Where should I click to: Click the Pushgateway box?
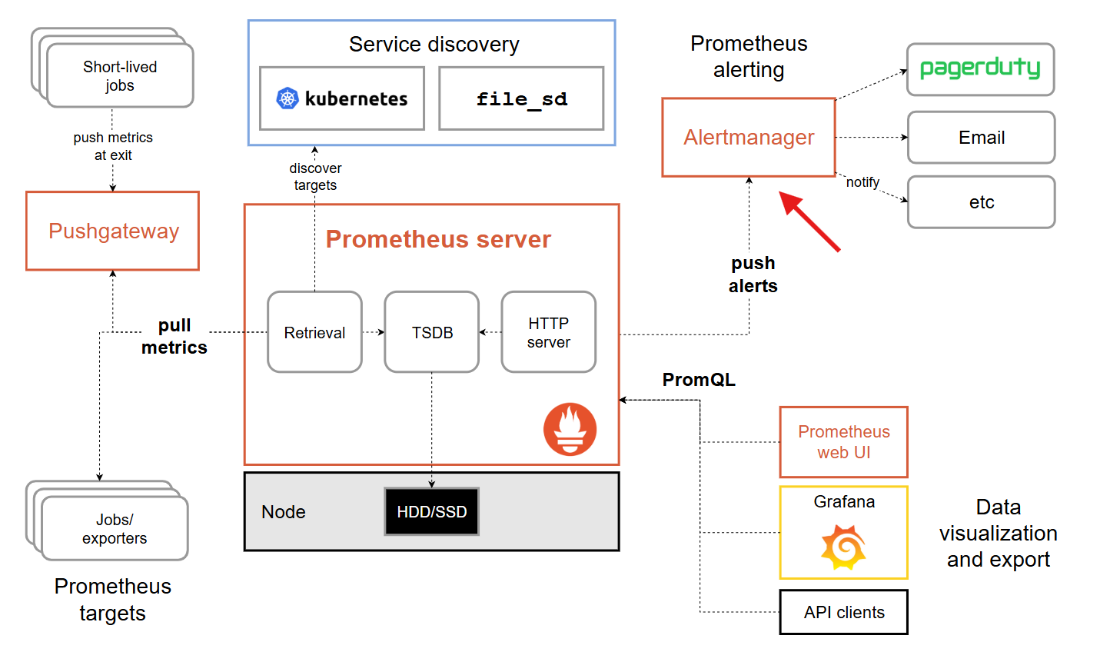[112, 231]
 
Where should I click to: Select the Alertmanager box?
[749, 138]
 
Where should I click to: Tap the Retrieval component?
[314, 332]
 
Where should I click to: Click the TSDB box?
[431, 332]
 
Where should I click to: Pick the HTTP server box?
[549, 332]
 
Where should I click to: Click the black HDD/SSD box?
[431, 511]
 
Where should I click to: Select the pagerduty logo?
[980, 68]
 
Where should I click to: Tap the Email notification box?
[981, 138]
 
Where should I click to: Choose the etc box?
[981, 202]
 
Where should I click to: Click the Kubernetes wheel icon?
[287, 98]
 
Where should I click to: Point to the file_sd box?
[521, 98]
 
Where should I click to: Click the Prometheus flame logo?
[570, 429]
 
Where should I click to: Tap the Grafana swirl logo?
[843, 547]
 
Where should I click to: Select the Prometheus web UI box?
[844, 442]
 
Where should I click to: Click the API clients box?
[844, 612]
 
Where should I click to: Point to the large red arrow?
[809, 221]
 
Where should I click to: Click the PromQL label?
[699, 380]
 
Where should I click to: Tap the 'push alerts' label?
[753, 274]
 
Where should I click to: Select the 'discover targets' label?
[315, 176]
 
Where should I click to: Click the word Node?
[284, 512]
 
